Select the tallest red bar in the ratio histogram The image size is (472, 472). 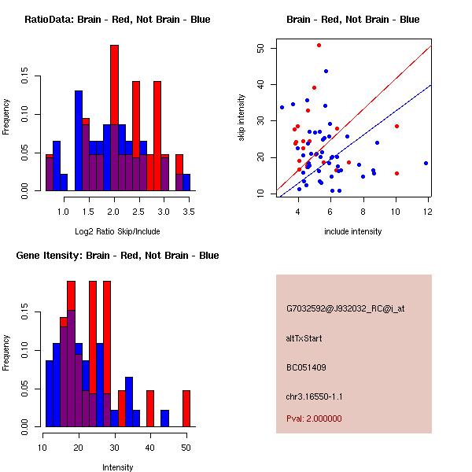point(114,118)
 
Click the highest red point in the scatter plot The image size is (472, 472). point(319,45)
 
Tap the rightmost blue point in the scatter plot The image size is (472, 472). point(426,163)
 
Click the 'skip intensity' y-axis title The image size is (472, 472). point(242,117)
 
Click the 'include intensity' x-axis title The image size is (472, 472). point(353,231)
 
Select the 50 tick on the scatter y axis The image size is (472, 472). point(260,48)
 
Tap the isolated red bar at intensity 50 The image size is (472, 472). point(186,408)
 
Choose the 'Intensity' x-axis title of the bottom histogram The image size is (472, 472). point(117,467)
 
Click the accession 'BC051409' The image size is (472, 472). point(306,367)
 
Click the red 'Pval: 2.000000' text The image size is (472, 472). point(314,419)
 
